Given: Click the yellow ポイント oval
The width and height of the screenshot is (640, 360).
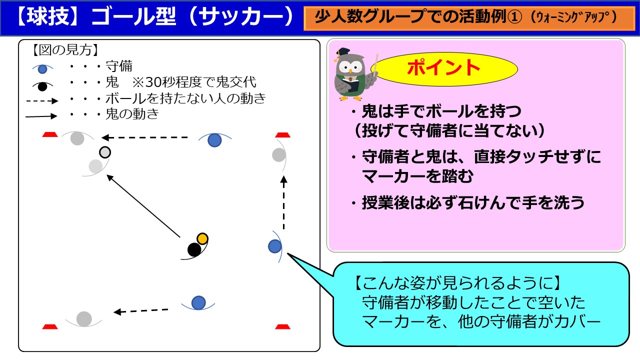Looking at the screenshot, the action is coord(444,68).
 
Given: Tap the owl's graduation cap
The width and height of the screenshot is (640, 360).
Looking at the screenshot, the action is coord(342,52).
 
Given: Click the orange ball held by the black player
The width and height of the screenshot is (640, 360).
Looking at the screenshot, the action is coord(202,238).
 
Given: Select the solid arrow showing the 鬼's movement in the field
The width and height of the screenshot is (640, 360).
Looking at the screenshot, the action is coord(143,205).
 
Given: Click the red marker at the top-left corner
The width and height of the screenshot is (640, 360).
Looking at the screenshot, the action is coord(50,134).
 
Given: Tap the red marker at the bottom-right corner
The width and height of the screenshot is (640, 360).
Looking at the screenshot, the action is coord(282,326).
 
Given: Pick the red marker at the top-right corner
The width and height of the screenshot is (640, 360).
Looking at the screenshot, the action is coord(282,135).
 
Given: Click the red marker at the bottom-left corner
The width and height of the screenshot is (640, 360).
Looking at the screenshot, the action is coord(50,326).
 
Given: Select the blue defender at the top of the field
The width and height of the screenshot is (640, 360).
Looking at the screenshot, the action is coord(215,140).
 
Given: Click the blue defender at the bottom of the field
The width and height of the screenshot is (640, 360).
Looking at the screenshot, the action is coord(198,303).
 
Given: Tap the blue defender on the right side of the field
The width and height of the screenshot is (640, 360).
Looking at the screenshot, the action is coord(275,246).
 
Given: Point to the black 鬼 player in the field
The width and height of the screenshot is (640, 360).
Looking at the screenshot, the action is coord(194,249).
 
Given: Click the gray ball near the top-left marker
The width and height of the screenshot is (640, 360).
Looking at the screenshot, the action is coord(105,152).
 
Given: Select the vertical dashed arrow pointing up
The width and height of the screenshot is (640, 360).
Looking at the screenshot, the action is coord(283,202).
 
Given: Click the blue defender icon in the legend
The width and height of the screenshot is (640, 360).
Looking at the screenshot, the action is coord(42,69).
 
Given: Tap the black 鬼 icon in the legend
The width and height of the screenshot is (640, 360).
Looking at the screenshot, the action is coord(42,86).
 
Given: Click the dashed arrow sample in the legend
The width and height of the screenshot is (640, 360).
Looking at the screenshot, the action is coord(42,101).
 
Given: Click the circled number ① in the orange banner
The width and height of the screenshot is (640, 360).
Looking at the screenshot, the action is coord(514,17).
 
